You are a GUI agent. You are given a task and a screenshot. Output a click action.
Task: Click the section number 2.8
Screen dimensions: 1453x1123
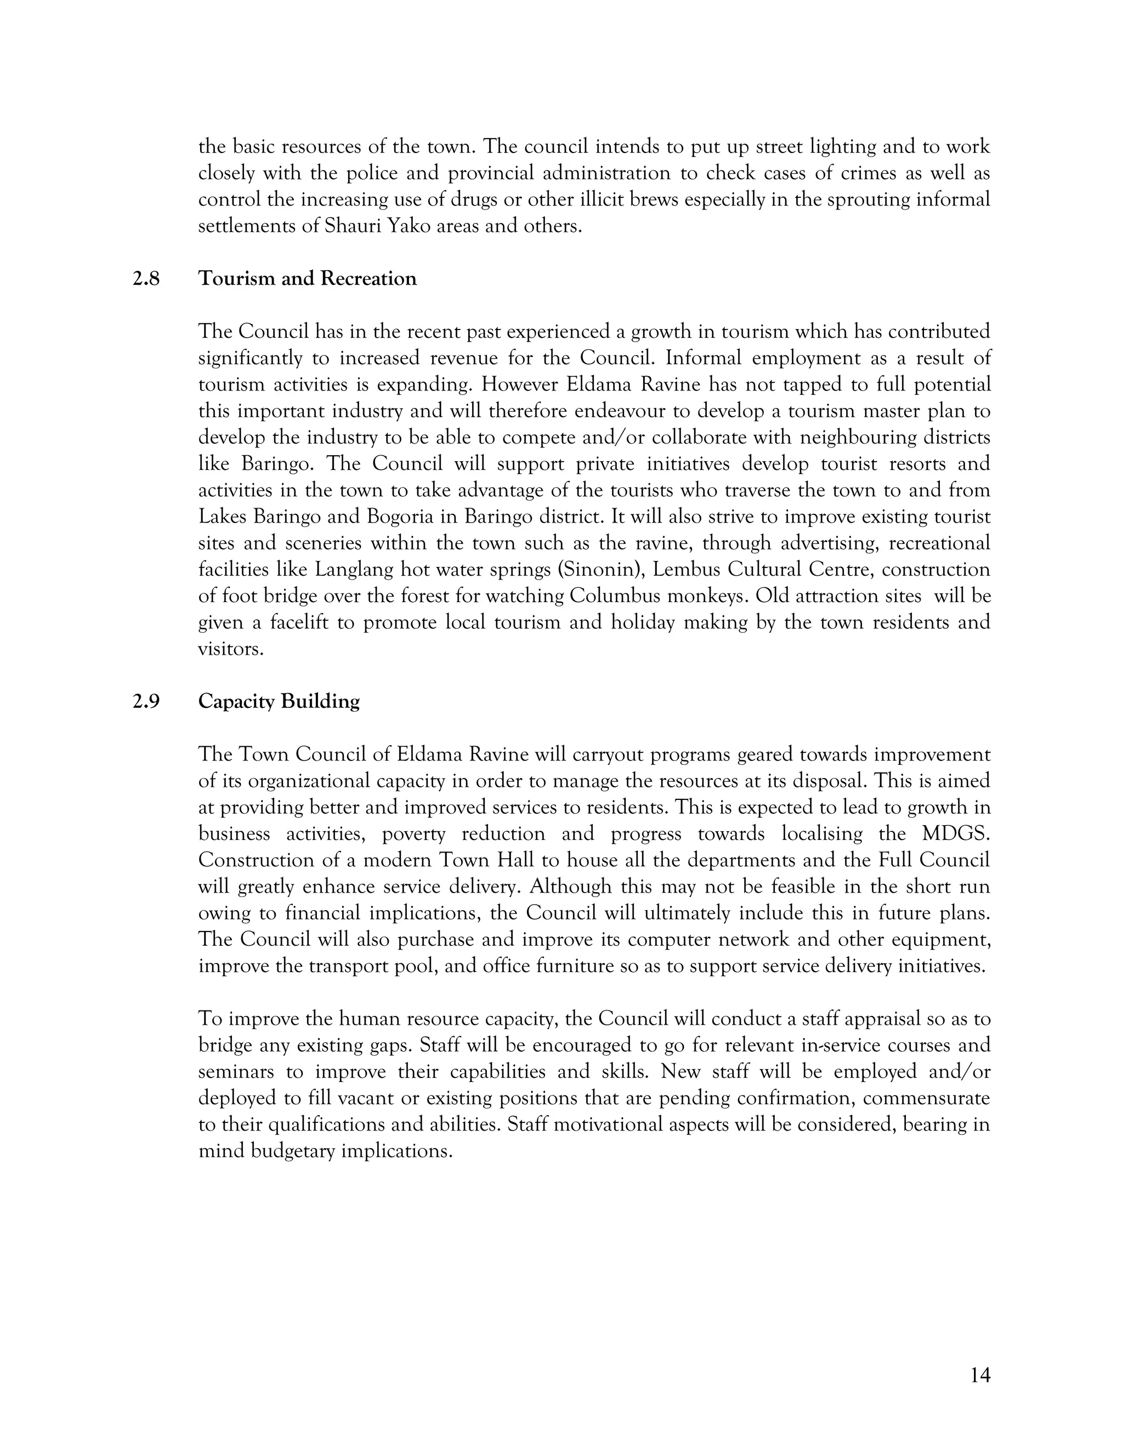point(146,279)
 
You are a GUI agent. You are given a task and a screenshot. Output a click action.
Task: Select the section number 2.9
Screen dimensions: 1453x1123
point(146,702)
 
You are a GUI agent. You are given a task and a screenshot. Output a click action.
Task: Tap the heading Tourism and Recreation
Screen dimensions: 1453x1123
point(308,279)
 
